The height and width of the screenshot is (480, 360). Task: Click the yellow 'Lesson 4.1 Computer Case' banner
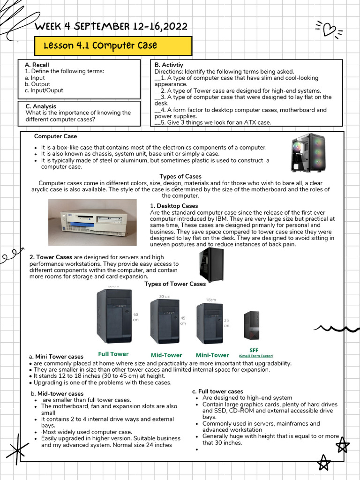[x=113, y=46]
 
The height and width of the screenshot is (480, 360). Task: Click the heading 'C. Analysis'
[x=41, y=106]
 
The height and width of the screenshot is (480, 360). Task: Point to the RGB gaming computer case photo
[x=307, y=153]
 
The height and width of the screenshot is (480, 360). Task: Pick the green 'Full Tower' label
[x=113, y=354]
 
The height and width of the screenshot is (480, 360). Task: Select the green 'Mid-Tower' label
[x=166, y=355]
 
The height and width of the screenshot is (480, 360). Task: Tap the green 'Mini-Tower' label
[x=212, y=355]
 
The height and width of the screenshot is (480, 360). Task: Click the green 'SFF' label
[x=254, y=350]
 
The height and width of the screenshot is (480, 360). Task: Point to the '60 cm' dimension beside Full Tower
[x=136, y=317]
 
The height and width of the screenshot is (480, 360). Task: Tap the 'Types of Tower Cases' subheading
[x=175, y=284]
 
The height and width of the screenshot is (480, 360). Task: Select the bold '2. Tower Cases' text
[x=51, y=257]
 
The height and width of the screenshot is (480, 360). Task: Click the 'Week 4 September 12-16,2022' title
[x=111, y=26]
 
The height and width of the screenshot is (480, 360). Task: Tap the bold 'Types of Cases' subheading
[x=180, y=176]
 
